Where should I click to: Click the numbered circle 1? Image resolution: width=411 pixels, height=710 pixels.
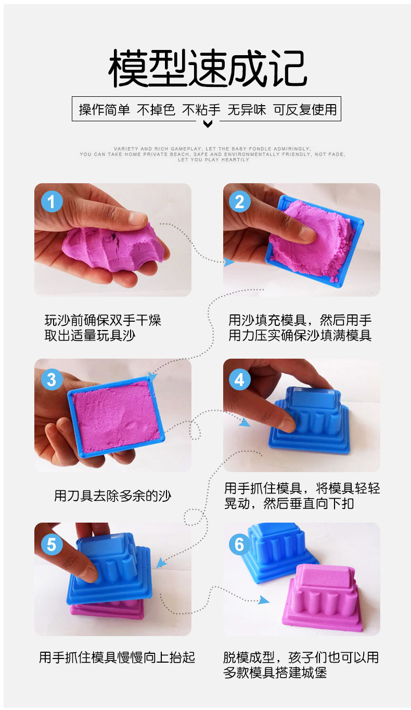pos(52,201)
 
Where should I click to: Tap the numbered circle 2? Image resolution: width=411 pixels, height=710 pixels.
pos(239,201)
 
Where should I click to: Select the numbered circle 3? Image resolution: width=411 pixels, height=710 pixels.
pos(52,379)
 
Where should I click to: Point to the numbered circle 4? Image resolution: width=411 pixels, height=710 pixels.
pos(239,379)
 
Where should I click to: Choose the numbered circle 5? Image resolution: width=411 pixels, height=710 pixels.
pos(52,544)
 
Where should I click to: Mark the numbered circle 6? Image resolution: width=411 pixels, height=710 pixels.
pos(239,544)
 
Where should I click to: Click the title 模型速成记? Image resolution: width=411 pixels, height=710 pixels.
pos(208,68)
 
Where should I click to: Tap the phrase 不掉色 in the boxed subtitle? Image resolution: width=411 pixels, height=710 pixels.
pos(156,110)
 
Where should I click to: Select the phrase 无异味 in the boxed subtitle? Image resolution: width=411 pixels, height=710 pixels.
pos(247,110)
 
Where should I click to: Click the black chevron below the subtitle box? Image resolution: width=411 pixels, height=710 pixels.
pos(208,123)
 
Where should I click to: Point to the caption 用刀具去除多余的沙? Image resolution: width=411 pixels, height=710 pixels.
pos(112,496)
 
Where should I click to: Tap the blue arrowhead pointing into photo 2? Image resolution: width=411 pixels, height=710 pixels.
pos(229,262)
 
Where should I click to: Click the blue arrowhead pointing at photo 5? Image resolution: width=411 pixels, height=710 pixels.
pos(161,563)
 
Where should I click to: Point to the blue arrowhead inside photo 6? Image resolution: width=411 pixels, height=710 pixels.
pos(264,600)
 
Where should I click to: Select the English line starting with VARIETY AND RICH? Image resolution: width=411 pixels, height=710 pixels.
pos(212,149)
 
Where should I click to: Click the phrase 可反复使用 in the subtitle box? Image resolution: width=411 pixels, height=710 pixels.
pos(305,110)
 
